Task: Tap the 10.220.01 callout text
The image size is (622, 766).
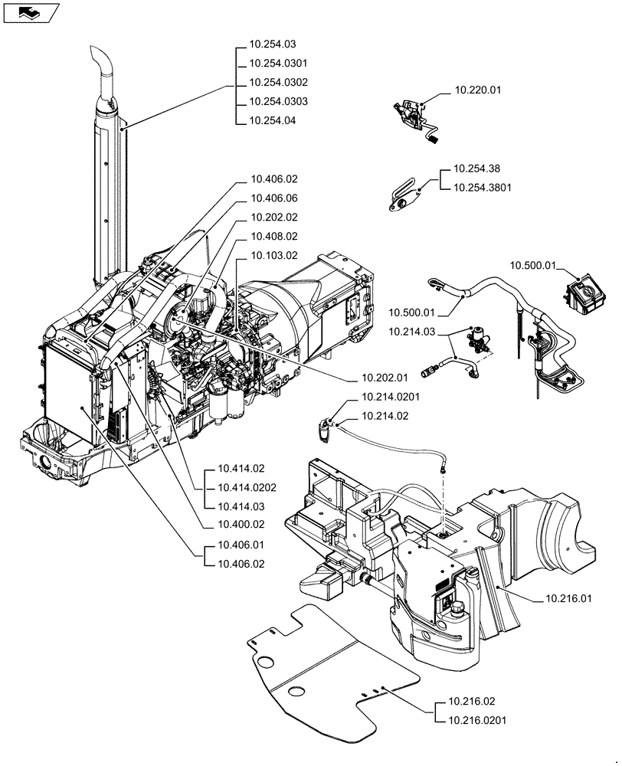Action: (x=477, y=90)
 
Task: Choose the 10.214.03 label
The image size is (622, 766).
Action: (x=411, y=332)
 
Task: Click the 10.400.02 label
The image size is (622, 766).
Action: (x=241, y=525)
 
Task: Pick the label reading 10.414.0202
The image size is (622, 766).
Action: (x=247, y=487)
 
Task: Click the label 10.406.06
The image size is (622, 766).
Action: (x=273, y=198)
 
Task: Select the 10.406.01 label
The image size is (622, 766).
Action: (x=241, y=545)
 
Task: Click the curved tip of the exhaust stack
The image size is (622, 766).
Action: (x=100, y=60)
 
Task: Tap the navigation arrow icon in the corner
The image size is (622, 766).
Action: (x=29, y=12)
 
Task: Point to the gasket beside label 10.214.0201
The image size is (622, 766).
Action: (x=328, y=427)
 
